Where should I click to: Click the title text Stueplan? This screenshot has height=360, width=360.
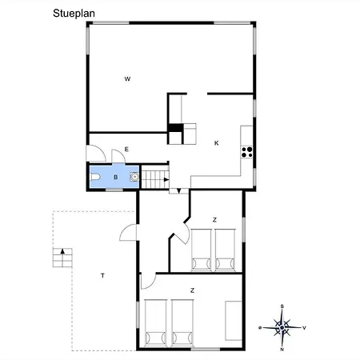click(74, 14)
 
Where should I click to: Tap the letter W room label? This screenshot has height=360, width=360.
click(127, 79)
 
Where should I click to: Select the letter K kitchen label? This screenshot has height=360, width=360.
click(217, 143)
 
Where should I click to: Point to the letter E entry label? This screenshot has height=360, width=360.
click(126, 150)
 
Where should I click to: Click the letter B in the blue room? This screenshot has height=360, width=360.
click(116, 177)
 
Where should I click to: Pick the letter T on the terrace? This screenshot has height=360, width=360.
click(102, 276)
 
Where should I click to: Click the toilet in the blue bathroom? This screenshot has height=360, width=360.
click(95, 177)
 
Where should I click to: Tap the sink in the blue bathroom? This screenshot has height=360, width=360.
click(134, 177)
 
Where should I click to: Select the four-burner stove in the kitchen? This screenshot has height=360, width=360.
click(246, 152)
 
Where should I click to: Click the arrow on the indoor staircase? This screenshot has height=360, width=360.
click(166, 179)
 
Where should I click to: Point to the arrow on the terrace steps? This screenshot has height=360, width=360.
click(62, 251)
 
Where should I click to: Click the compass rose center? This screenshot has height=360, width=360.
click(282, 327)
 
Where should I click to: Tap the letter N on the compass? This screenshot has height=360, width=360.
click(282, 350)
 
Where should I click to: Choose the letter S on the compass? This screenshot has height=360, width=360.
click(282, 306)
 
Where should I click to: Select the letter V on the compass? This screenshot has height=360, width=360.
click(304, 328)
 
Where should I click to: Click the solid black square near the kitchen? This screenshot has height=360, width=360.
click(175, 128)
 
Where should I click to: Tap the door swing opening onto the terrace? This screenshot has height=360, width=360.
click(128, 233)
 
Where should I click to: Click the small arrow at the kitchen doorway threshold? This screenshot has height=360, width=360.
click(179, 191)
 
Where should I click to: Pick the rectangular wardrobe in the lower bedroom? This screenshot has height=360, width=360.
click(234, 321)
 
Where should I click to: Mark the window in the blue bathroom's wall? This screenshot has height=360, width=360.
click(114, 190)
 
